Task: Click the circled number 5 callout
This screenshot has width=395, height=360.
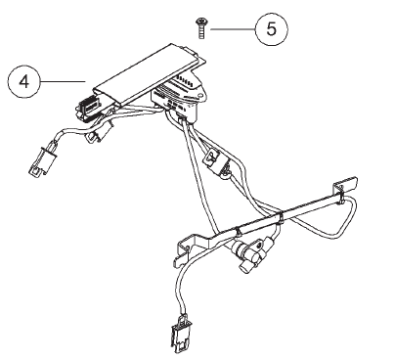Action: (271, 29)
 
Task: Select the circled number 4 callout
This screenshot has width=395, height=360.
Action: (23, 81)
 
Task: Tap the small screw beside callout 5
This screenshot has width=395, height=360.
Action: (200, 28)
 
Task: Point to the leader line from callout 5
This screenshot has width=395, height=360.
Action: (233, 29)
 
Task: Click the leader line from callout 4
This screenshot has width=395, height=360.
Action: (63, 81)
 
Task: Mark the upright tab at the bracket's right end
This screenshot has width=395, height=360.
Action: (345, 184)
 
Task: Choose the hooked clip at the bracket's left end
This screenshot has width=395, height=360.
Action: (184, 251)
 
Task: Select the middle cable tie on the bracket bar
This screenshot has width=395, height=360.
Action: (281, 217)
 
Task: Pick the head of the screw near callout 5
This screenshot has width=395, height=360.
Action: (200, 22)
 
